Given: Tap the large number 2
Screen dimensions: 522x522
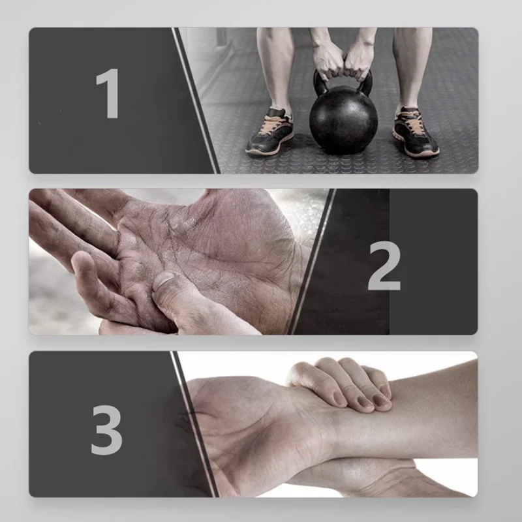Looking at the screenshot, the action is point(384,266).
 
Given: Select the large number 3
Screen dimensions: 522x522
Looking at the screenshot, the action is point(106,429).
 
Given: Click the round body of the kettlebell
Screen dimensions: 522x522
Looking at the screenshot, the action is point(344,121).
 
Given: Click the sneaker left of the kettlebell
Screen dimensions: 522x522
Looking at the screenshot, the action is point(269,132).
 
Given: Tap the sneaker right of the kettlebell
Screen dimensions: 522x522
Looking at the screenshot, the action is point(415,132).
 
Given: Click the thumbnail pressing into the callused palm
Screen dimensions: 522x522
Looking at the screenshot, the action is point(164,281).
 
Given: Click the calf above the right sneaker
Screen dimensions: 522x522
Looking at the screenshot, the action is point(409,67).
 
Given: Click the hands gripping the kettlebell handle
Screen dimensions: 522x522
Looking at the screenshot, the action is point(343,61).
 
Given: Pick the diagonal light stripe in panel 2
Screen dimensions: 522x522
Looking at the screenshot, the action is point(311,262).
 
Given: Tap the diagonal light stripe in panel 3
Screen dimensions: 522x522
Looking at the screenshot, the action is point(195,425).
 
